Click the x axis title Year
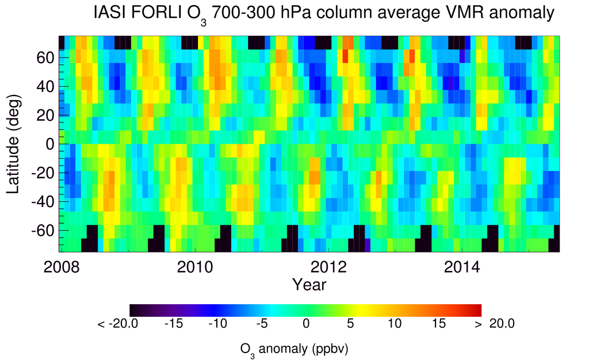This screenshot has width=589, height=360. pyautogui.click(x=309, y=284)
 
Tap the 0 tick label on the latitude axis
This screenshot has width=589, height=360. pyautogui.click(x=50, y=144)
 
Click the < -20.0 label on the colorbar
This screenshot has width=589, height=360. pyautogui.click(x=117, y=324)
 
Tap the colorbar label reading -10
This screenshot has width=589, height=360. pyautogui.click(x=217, y=324)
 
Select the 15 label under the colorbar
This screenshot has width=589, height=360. pyautogui.click(x=437, y=324)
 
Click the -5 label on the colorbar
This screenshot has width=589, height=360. pyautogui.click(x=262, y=324)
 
